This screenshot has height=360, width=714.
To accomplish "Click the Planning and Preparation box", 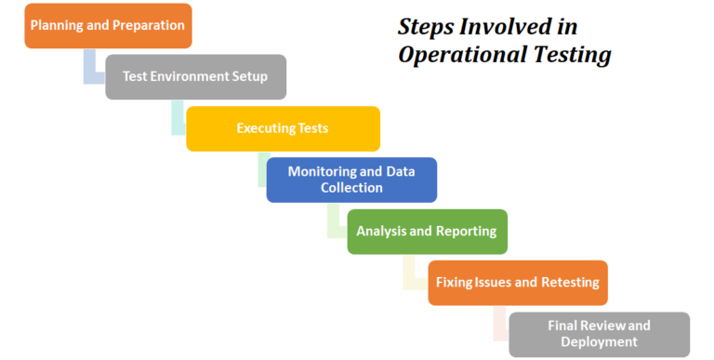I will pos(108,25).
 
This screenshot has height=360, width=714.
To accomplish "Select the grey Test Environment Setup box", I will pos(195,76).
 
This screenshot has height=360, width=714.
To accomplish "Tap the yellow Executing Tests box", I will pos(283,128).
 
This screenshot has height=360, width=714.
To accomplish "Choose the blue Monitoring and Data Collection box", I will pos(351,180).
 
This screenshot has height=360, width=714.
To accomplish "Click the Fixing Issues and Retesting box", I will pos(518,282).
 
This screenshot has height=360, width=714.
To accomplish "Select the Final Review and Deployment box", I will pos(600,334).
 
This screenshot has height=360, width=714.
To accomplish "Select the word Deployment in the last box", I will pos(600,342).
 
